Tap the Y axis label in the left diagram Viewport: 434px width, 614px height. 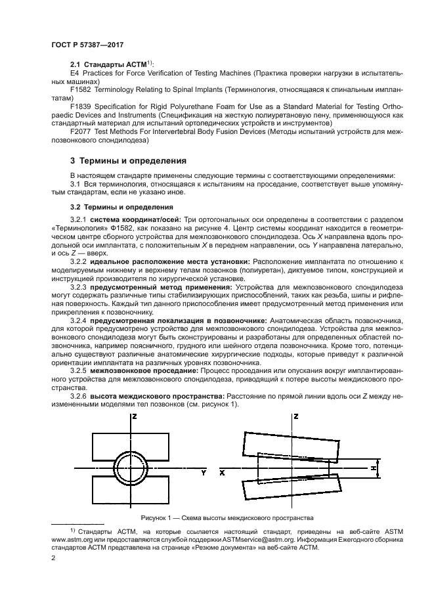pos(204,472)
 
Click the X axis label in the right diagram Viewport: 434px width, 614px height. pos(223,472)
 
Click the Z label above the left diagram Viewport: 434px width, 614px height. pos(134,416)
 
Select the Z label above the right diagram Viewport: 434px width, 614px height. pos(297,416)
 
